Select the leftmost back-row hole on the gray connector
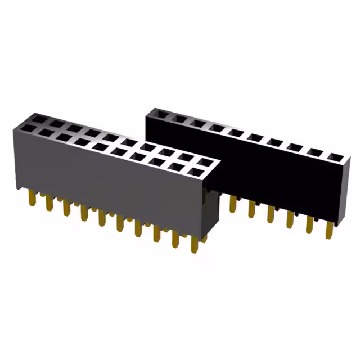click(38, 118)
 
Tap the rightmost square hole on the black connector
click(336, 157)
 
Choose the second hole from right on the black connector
click(317, 152)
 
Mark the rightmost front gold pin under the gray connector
click(195, 244)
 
